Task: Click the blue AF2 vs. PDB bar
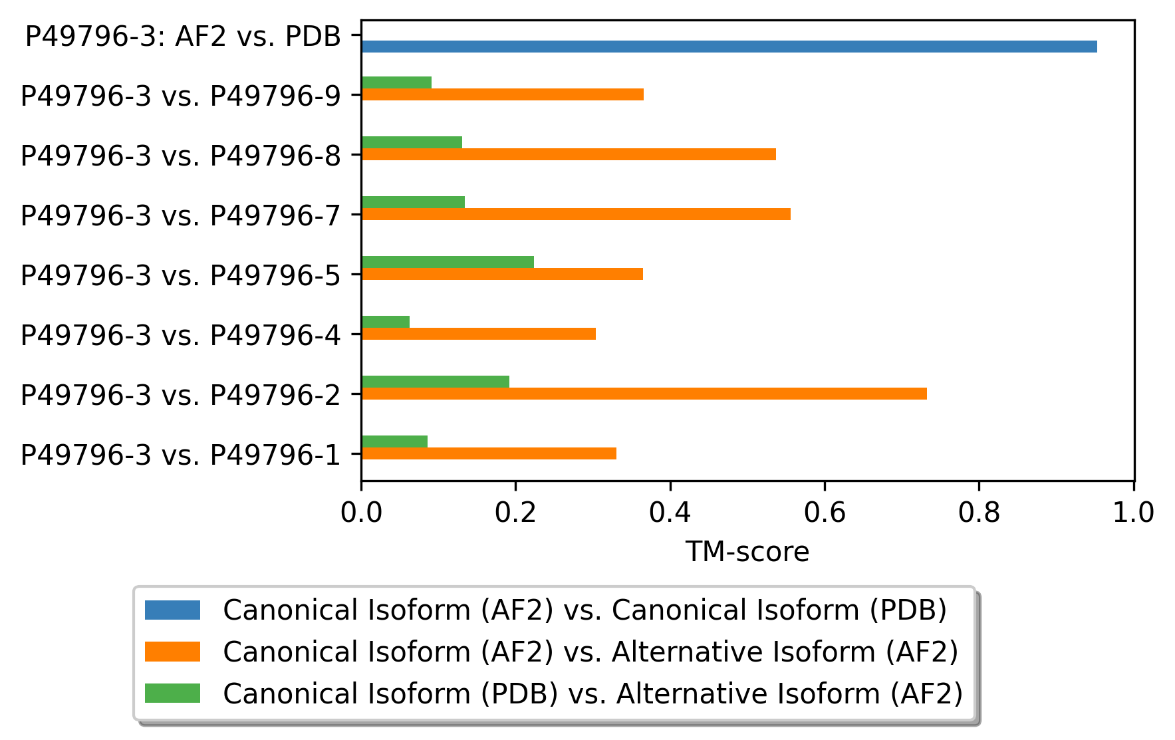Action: point(728,47)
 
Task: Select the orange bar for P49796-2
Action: point(644,394)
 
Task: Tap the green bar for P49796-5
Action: point(447,262)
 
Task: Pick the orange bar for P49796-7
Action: point(575,214)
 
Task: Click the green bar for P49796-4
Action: point(385,322)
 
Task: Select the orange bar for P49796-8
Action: point(568,154)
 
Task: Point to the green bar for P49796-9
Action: point(396,82)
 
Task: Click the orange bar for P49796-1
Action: point(488,453)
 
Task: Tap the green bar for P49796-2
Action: point(435,382)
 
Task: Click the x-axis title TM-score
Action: point(747,552)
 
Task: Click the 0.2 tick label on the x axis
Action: point(515,513)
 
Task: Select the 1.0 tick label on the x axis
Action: point(1133,513)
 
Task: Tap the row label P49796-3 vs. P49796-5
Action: point(180,275)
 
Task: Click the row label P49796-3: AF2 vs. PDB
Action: point(183,37)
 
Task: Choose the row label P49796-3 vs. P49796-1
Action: point(180,455)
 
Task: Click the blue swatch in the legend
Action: point(172,610)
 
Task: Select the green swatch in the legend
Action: point(172,693)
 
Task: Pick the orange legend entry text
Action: point(590,652)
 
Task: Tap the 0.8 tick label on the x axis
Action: point(978,513)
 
